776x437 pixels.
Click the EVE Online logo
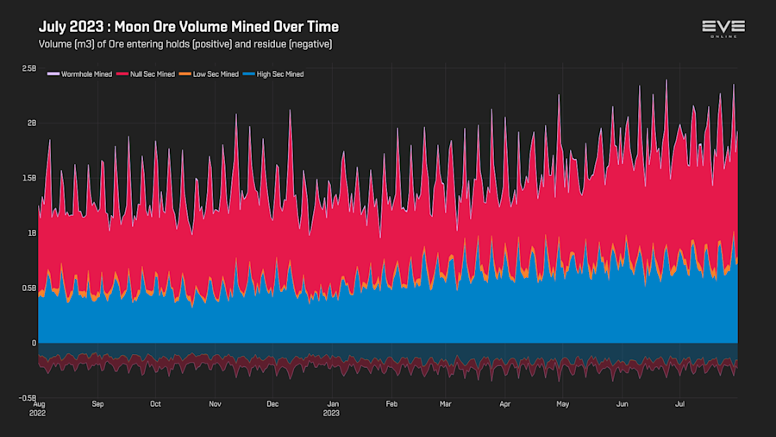723,28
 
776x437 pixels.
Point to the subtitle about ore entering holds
185,43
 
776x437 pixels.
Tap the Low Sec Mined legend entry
212,74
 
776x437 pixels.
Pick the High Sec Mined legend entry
276,74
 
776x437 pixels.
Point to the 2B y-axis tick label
32,123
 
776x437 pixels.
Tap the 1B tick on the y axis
32,233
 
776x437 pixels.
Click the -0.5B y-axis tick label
28,398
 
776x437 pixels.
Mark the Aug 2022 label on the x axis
39,407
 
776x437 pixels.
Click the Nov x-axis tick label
216,403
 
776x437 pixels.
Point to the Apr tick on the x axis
504,403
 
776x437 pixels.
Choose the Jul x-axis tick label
679,403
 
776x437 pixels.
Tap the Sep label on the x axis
97,403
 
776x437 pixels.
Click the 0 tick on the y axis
34,343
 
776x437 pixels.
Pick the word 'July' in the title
54,27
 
